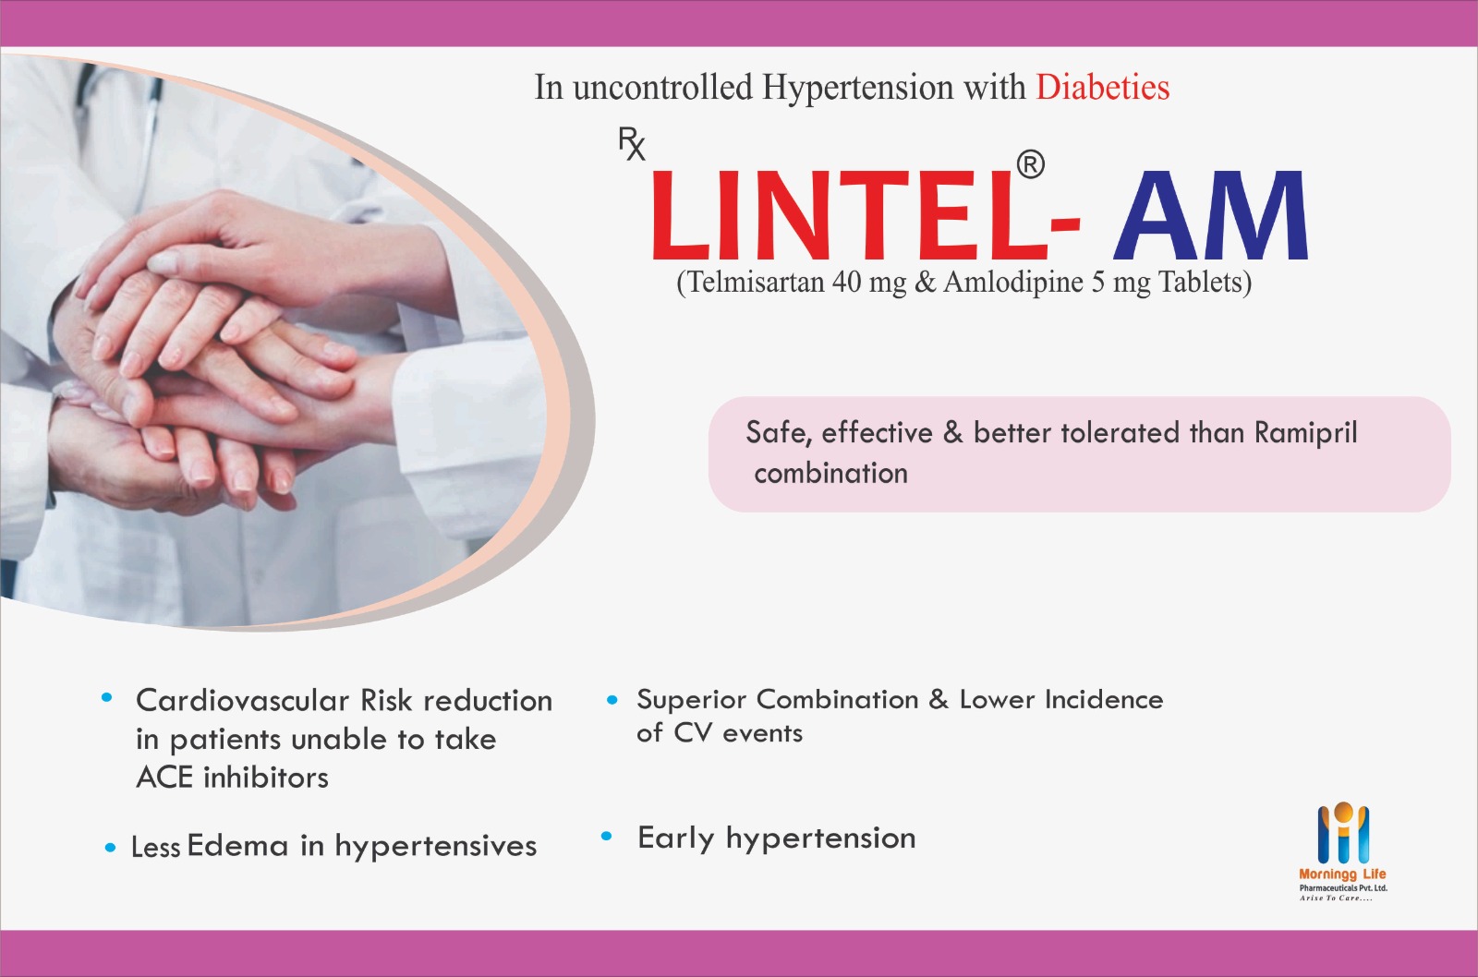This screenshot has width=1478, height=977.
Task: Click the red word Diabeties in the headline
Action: click(1103, 87)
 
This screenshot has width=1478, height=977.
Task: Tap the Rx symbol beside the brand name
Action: click(632, 144)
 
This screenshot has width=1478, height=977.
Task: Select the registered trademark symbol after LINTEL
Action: click(1031, 165)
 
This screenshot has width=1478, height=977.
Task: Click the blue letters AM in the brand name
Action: click(1210, 215)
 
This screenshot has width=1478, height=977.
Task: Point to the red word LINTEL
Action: click(850, 215)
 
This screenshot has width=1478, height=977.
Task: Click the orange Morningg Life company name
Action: click(1343, 874)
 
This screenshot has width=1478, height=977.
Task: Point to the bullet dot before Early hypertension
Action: click(606, 837)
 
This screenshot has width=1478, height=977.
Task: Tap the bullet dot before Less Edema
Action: click(110, 847)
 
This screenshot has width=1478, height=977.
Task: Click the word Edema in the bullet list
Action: click(237, 846)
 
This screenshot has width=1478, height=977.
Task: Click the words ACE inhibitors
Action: click(232, 778)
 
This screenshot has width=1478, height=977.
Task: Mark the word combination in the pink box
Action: click(830, 474)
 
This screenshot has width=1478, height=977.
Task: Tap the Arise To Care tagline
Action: click(1336, 898)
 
